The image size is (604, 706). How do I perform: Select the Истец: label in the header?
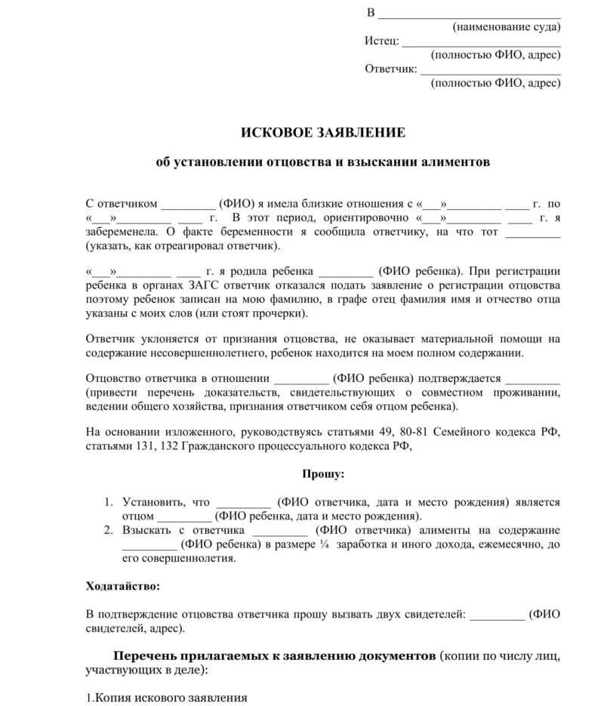pyautogui.click(x=382, y=41)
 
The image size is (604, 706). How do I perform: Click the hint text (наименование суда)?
pyautogui.click(x=507, y=27)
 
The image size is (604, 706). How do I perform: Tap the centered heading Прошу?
pyautogui.click(x=323, y=474)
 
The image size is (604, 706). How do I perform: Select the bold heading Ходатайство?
pyautogui.click(x=123, y=586)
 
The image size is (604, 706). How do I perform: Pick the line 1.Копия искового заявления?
pyautogui.click(x=167, y=698)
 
